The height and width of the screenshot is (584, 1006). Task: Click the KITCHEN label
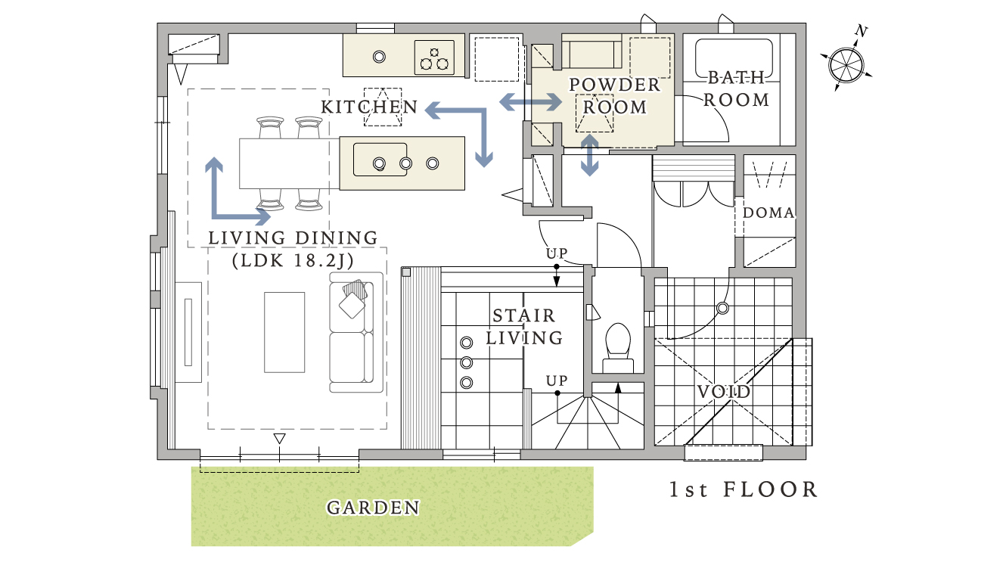coord(369,107)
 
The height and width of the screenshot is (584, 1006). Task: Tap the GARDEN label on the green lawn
coord(373,508)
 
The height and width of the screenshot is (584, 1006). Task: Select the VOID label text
coord(724,392)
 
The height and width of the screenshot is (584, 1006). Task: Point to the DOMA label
coord(768,213)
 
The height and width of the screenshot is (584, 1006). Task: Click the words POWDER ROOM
coord(615,95)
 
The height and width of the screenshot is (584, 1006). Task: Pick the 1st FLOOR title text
coord(744,489)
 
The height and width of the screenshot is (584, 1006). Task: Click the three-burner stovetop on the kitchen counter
coord(434,57)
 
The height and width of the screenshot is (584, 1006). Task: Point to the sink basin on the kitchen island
coord(380,160)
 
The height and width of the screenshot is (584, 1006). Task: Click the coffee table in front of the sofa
coord(284,332)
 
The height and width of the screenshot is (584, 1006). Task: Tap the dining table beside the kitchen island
coord(289,163)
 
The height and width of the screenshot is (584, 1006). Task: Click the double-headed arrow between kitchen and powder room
coord(530,102)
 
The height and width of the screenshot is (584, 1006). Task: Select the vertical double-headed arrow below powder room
coord(589,155)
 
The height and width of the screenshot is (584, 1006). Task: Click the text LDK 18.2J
coord(293,260)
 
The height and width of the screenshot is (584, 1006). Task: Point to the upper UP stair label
coord(557,253)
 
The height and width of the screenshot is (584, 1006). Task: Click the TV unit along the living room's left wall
coord(188,332)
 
